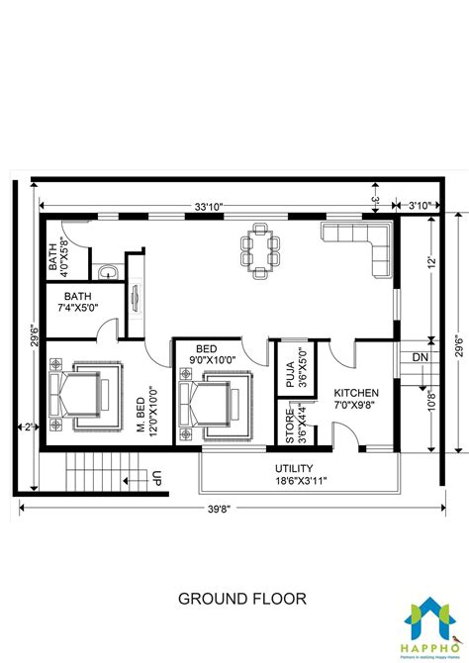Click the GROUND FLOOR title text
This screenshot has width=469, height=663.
pos(241,599)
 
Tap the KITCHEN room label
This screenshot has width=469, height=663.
pos(356,393)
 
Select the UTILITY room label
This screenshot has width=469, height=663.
pos(294,467)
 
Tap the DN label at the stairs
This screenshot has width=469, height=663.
pos(421,356)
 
